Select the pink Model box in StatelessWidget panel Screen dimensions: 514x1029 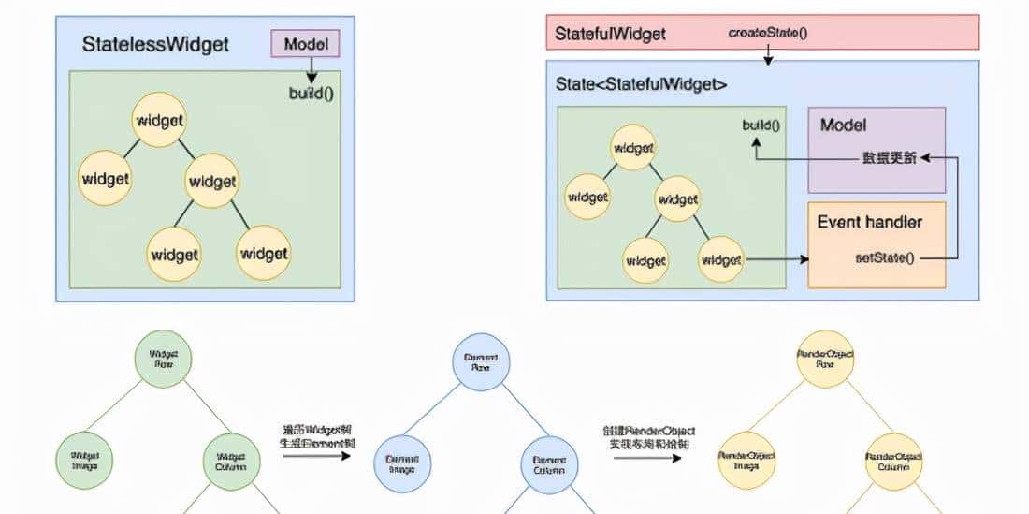click(x=305, y=44)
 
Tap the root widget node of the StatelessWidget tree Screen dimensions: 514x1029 click(x=159, y=120)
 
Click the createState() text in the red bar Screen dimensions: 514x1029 click(x=768, y=33)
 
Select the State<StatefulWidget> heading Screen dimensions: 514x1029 click(x=641, y=84)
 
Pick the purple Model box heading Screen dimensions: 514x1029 click(x=843, y=125)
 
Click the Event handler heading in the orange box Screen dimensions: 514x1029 click(x=869, y=222)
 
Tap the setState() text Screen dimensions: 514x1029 click(x=885, y=257)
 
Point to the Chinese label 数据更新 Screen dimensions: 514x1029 click(x=889, y=158)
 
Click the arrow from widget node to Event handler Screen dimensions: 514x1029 click(x=775, y=257)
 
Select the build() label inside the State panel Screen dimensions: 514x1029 click(x=761, y=125)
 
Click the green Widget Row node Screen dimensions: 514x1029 click(x=164, y=359)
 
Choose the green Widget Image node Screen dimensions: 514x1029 click(x=85, y=459)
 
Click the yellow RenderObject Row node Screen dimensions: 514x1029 click(x=825, y=359)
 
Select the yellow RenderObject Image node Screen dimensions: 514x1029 click(x=746, y=459)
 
